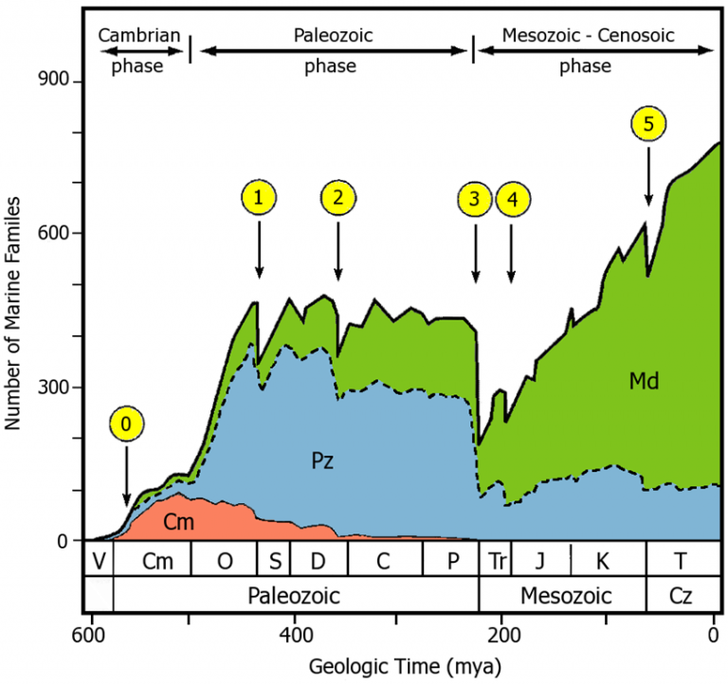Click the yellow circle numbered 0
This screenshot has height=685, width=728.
coord(127,424)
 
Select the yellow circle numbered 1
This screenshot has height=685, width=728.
coord(259,197)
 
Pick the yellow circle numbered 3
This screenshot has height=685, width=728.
coord(475,199)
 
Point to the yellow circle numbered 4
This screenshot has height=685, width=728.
coord(512,199)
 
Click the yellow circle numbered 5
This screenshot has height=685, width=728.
coord(648,124)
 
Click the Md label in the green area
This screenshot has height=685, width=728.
coord(644,382)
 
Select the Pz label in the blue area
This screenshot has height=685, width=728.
coord(323,462)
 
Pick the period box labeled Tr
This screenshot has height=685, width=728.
coord(496,560)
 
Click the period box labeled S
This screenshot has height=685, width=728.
coord(275,560)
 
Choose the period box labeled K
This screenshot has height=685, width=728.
coord(604,560)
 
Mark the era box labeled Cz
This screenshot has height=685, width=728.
coord(680,596)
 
